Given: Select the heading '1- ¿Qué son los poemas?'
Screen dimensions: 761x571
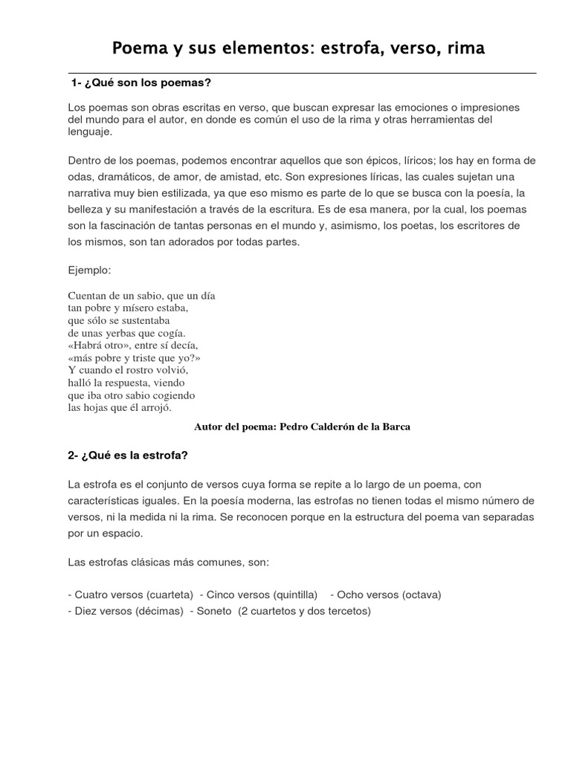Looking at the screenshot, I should click(x=142, y=82).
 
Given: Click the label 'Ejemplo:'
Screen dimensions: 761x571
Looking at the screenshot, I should click(x=89, y=270).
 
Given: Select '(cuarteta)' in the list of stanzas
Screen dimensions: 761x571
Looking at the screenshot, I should click(x=170, y=595).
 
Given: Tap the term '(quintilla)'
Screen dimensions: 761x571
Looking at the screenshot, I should click(x=295, y=595).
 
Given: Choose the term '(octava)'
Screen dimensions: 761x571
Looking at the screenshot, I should click(x=422, y=595).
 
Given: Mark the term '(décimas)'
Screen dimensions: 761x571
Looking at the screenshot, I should click(x=159, y=611).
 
